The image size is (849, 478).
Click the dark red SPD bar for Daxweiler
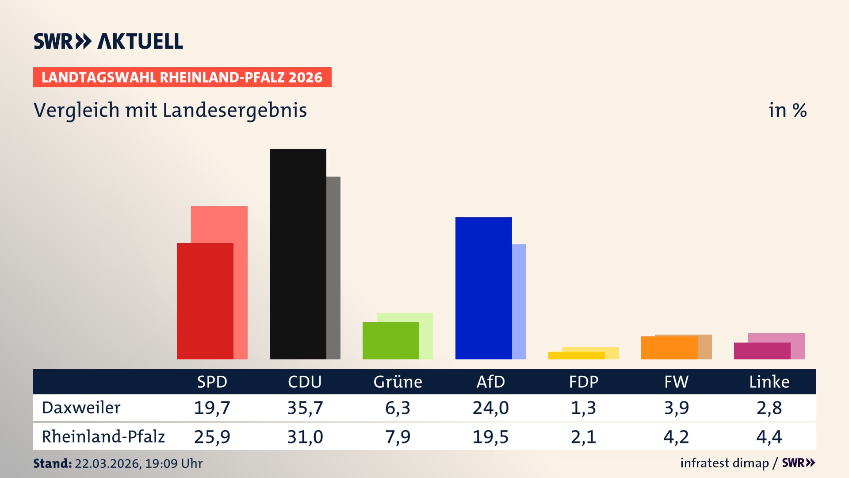coord(205,301)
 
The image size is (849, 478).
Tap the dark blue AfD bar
coord(483,288)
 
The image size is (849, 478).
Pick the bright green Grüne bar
coord(390,340)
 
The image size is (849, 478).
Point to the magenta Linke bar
coord(762,351)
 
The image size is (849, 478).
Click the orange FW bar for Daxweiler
coord(669,348)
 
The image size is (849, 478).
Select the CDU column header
coord(305,382)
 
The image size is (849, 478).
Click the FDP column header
coord(583,382)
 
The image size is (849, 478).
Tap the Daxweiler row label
coord(81,408)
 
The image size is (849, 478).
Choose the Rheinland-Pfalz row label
coord(103,437)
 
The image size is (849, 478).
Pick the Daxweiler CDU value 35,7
coord(305,408)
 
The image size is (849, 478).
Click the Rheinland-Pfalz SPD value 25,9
coord(212,437)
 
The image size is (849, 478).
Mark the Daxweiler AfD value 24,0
coord(490,408)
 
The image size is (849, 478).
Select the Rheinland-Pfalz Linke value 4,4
coord(769,437)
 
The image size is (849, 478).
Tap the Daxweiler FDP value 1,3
coord(583,408)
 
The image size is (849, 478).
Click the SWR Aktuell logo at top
coord(108,41)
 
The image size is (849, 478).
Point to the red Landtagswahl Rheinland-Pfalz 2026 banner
coord(182,77)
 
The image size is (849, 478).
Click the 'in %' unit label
coord(787,110)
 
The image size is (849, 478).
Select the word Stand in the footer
coord(52,463)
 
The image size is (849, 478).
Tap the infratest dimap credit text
coord(724,463)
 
